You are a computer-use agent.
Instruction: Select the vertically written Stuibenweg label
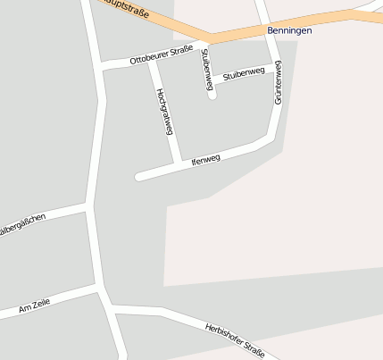207,69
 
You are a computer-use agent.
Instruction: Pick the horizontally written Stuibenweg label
244,73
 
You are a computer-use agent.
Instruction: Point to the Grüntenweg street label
278,82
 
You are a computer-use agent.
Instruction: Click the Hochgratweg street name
163,111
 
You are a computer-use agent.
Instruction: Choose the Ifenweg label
205,160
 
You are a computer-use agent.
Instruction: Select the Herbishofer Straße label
235,339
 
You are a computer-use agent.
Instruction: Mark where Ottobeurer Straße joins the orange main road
210,41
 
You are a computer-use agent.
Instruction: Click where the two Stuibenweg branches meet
212,81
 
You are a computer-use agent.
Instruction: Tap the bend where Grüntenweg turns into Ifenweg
271,137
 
